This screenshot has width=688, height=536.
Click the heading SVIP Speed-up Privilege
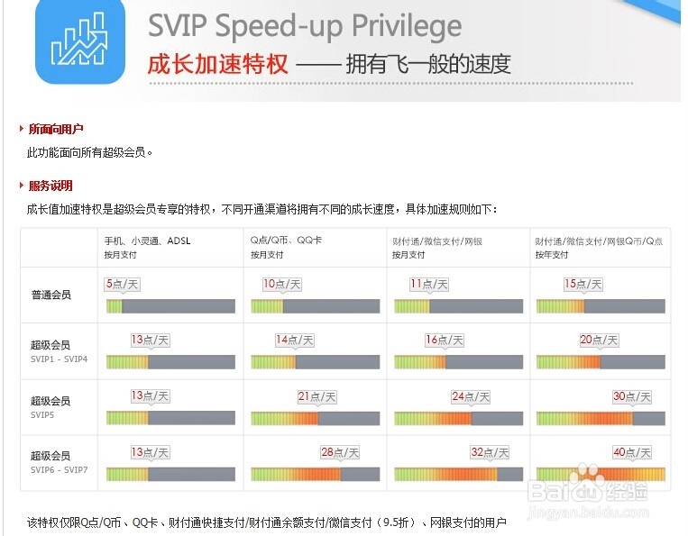click(304, 27)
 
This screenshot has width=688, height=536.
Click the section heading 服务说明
click(50, 186)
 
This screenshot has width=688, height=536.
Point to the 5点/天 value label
click(123, 285)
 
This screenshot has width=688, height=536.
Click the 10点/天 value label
click(282, 285)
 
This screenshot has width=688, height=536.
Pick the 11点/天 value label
click(429, 285)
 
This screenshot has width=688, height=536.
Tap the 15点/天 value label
click(583, 285)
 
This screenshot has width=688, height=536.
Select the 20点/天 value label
click(599, 341)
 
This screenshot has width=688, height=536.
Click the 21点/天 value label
click(316, 396)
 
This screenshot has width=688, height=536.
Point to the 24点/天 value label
click(471, 396)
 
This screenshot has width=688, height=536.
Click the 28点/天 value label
click(340, 452)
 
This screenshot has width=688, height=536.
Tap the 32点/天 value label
click(490, 452)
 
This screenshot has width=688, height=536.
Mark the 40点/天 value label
click(631, 452)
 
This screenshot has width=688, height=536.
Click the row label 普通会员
click(50, 295)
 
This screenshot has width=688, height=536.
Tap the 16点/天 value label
click(444, 341)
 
